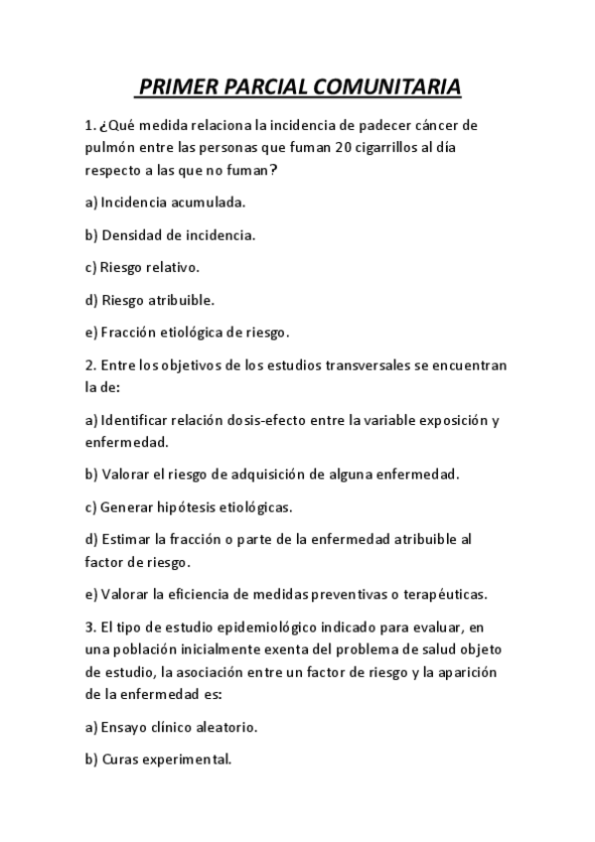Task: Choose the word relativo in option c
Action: point(172,267)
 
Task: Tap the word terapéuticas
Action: point(446,595)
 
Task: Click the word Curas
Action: point(121,760)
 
